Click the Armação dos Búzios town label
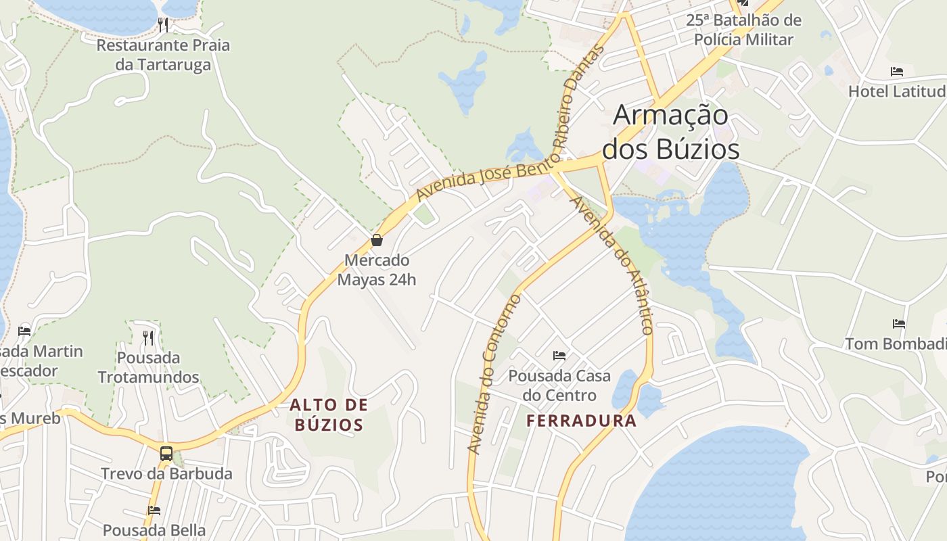[x=671, y=133]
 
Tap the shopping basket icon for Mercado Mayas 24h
[x=377, y=240]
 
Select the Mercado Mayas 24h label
[x=377, y=270]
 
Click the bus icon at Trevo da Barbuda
[x=166, y=453]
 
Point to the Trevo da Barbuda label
[x=166, y=473]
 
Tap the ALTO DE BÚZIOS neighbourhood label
[x=329, y=415]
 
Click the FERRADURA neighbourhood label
[x=582, y=421]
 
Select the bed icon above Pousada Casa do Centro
[x=559, y=355]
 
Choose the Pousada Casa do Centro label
[x=559, y=385]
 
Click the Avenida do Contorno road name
[x=494, y=374]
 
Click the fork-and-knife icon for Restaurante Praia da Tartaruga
[x=163, y=25]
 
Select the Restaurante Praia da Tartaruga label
[x=163, y=55]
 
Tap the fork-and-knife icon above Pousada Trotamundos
[x=148, y=337]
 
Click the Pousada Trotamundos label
[x=148, y=367]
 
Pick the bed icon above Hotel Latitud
[x=897, y=71]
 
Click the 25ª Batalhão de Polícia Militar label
[x=743, y=30]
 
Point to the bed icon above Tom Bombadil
[x=899, y=324]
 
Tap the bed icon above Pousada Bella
[x=154, y=511]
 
